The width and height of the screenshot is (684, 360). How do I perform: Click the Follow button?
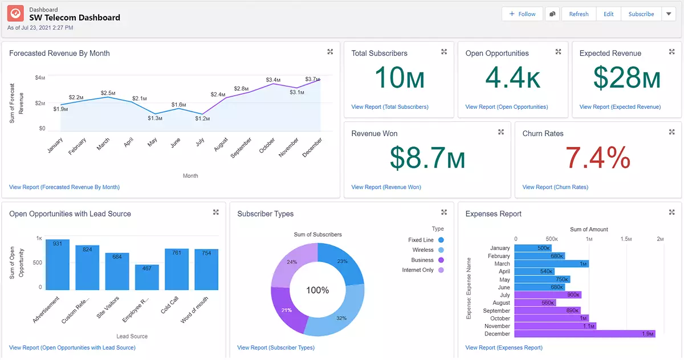click(x=522, y=14)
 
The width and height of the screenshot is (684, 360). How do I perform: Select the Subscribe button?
click(x=641, y=14)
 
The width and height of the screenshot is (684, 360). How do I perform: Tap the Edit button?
click(x=608, y=14)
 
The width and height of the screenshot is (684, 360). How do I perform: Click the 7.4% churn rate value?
click(x=598, y=158)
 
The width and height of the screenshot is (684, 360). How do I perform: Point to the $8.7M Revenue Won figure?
click(x=427, y=158)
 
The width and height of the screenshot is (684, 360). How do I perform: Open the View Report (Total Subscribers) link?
click(x=390, y=107)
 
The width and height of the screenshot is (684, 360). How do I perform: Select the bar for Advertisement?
click(x=58, y=265)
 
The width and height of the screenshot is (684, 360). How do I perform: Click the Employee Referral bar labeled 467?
click(x=146, y=277)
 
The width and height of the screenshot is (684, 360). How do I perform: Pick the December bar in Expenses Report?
click(x=585, y=334)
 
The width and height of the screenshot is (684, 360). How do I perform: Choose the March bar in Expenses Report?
click(x=551, y=264)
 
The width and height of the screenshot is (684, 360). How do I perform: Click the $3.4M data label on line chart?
click(x=273, y=80)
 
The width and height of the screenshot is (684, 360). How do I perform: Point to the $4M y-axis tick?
click(x=40, y=77)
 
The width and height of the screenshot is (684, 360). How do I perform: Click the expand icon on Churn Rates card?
click(x=671, y=132)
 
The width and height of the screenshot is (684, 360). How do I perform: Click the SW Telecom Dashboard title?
click(x=75, y=18)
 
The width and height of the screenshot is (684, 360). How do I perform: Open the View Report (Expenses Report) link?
click(x=504, y=347)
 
